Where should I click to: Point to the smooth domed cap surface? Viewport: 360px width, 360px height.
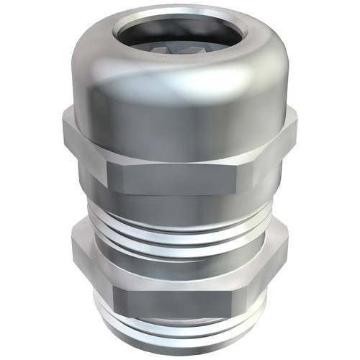click(x=180, y=108)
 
